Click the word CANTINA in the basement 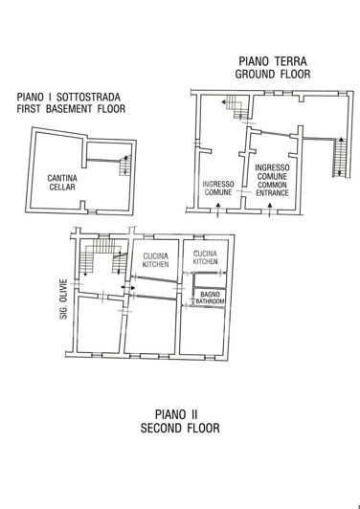[x=63, y=177]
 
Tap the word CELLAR [x=63, y=188]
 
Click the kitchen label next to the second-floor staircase [x=155, y=259]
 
